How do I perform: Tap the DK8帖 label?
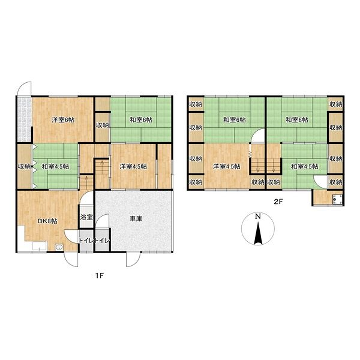click(x=36, y=221)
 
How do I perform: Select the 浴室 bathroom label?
click(x=87, y=217)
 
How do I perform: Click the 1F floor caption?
click(x=99, y=273)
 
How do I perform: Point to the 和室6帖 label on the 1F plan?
click(x=139, y=121)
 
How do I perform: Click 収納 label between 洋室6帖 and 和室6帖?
click(x=102, y=126)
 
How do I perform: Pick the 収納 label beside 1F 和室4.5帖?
click(x=22, y=165)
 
